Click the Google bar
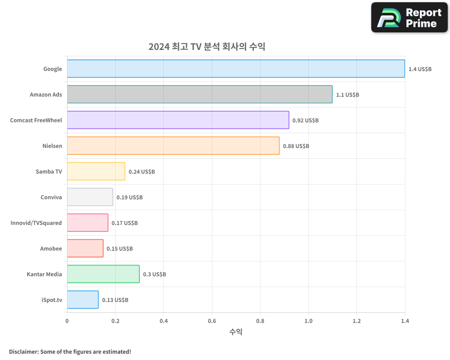pos(236,68)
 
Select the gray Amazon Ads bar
pos(200,94)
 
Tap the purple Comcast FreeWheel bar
pos(178,120)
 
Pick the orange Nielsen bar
pos(173,145)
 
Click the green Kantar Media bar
pos(103,274)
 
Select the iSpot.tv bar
pos(83,299)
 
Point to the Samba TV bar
pos(96,171)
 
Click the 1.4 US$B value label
pos(420,69)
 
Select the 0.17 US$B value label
pos(125,223)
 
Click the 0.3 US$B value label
pos(154,274)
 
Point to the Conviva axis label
pos(51,197)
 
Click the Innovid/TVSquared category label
pos(36,223)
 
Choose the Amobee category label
pos(51,248)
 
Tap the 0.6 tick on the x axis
pos(212,321)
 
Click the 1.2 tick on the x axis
pos(356,321)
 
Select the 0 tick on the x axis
pos(67,321)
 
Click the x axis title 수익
pos(236,332)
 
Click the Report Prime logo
pos(409,18)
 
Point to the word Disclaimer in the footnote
pos(23,351)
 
